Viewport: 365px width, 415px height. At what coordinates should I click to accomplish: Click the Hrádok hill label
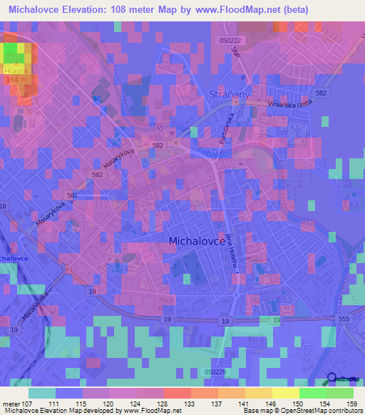15,72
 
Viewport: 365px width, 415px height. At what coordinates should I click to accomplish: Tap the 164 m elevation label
16,80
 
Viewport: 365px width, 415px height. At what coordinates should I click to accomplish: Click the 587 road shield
73,195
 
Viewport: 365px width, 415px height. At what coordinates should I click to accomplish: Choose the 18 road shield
3,206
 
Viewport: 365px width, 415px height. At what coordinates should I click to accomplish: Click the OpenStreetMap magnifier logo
332,380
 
